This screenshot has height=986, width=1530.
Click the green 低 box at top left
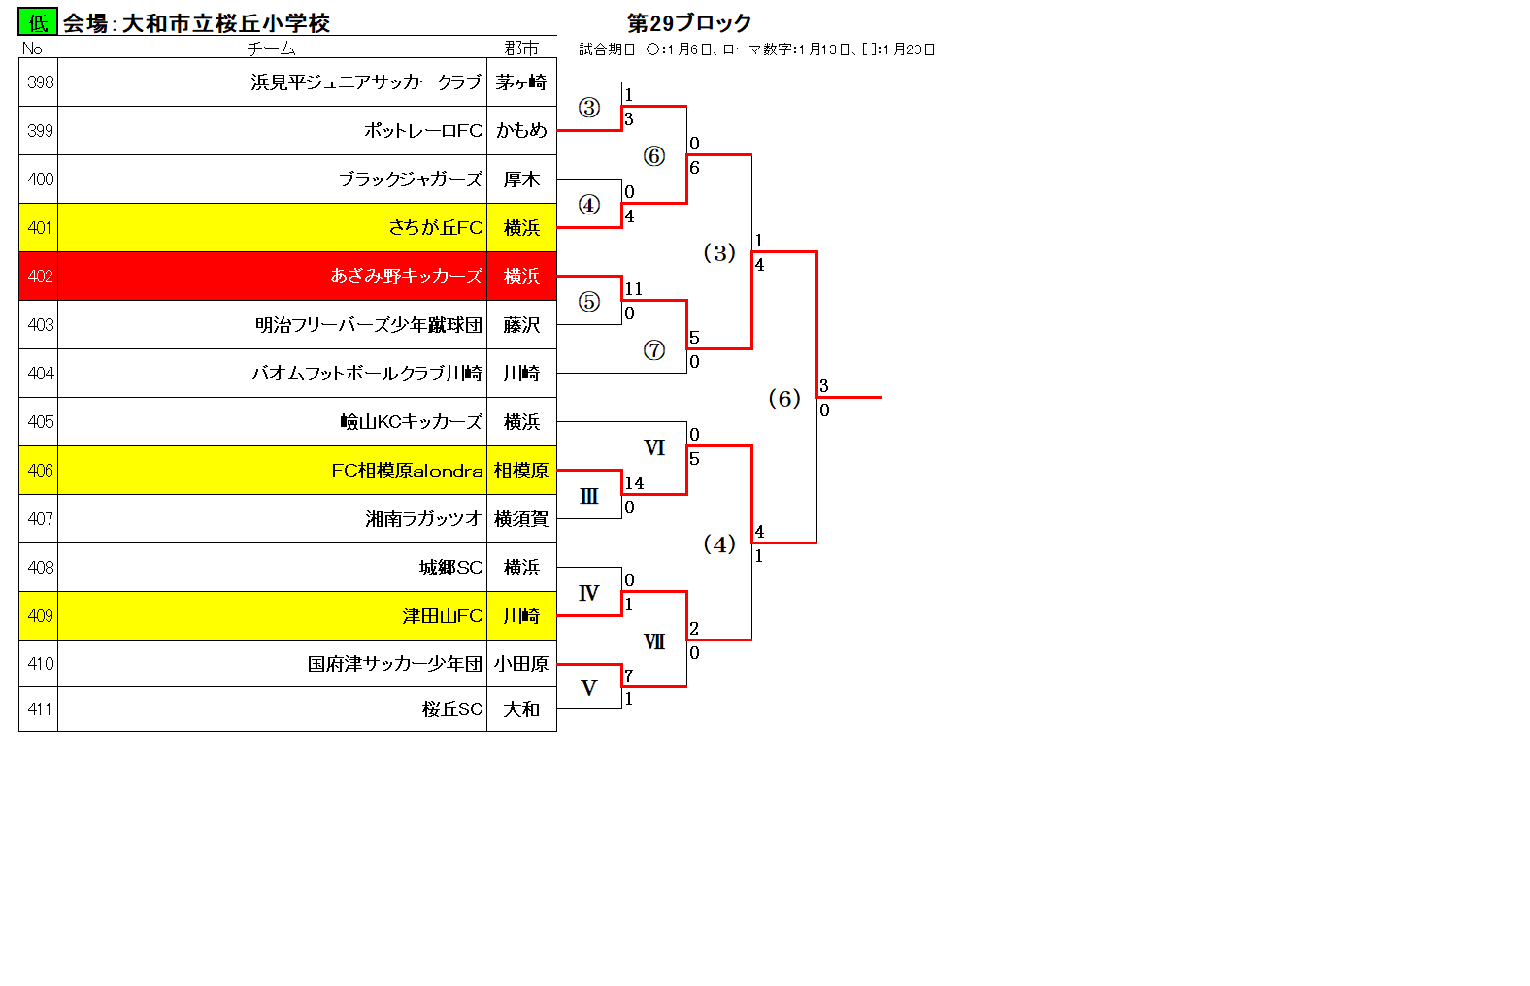(38, 22)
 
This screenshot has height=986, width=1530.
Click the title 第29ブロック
(689, 23)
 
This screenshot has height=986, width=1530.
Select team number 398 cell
(39, 82)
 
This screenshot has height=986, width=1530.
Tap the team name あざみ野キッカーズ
(406, 276)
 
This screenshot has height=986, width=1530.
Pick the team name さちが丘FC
(435, 227)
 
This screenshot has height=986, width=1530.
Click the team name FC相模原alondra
(407, 471)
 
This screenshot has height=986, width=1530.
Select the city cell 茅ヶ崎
(521, 82)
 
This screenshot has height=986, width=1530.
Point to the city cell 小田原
(521, 664)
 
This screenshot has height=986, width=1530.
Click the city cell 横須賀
(521, 519)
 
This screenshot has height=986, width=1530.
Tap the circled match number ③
(588, 107)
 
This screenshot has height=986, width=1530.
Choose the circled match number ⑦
(653, 350)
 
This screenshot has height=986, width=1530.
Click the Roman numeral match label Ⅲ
(588, 497)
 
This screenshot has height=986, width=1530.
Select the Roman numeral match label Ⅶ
(653, 641)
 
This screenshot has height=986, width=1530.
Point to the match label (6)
(784, 398)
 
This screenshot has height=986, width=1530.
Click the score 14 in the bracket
(634, 482)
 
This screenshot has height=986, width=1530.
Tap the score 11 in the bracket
(633, 289)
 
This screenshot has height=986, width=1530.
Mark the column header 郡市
(521, 49)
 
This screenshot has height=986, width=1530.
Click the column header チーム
(271, 49)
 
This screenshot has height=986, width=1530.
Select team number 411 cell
(39, 708)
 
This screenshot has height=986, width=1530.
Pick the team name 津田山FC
(443, 616)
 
